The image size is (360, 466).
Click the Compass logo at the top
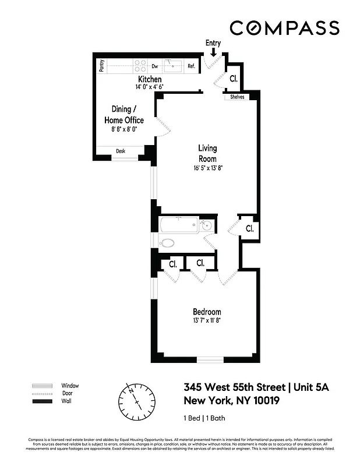(x=284, y=27)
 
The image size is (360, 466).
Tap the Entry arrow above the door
(x=214, y=52)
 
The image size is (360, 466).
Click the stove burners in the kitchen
(x=140, y=66)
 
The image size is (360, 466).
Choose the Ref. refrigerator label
(x=191, y=66)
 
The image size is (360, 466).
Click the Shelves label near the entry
(x=237, y=97)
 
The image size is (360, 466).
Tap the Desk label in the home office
(x=121, y=151)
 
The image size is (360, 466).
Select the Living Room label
(x=207, y=154)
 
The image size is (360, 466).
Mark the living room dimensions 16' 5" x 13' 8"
(x=207, y=169)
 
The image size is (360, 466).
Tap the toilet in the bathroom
(x=168, y=243)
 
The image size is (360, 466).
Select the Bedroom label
(x=207, y=312)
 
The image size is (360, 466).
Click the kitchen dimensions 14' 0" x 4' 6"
(x=149, y=87)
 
